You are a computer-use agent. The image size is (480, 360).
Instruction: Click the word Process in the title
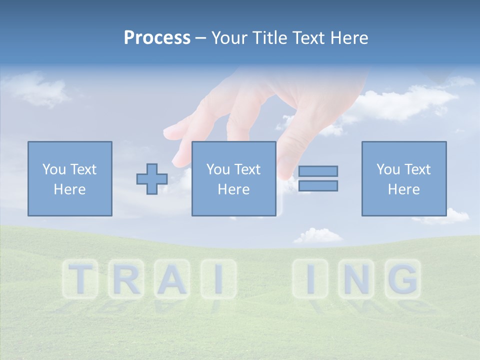[157, 38]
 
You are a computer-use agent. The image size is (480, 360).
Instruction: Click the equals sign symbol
[318, 178]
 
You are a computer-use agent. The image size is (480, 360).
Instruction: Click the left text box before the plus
[70, 178]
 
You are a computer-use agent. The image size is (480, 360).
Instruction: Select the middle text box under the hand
[234, 178]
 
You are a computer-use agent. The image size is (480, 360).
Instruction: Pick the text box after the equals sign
[404, 178]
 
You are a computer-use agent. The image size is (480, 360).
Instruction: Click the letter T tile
[80, 278]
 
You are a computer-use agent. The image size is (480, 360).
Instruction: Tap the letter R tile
[125, 278]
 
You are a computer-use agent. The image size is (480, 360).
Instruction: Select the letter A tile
[171, 278]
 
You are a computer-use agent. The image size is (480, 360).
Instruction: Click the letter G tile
[402, 278]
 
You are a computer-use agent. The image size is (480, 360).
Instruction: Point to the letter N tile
[357, 278]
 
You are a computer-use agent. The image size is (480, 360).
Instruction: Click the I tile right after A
[217, 278]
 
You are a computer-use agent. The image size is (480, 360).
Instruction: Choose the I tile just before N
[310, 278]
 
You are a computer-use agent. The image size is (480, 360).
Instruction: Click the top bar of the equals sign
[318, 171]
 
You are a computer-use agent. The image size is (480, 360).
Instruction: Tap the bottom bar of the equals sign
[318, 185]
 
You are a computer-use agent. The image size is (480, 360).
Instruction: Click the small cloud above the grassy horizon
[318, 235]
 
